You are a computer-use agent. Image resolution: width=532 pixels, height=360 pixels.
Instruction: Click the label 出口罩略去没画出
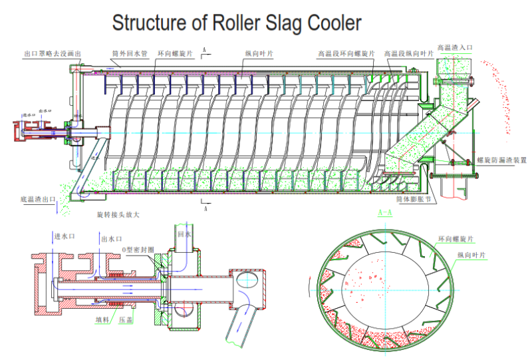pyautogui.click(x=53, y=53)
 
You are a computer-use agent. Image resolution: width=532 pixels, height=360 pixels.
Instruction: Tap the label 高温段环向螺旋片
pyautogui.click(x=346, y=53)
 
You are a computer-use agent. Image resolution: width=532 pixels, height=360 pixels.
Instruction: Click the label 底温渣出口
pyautogui.click(x=39, y=200)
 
